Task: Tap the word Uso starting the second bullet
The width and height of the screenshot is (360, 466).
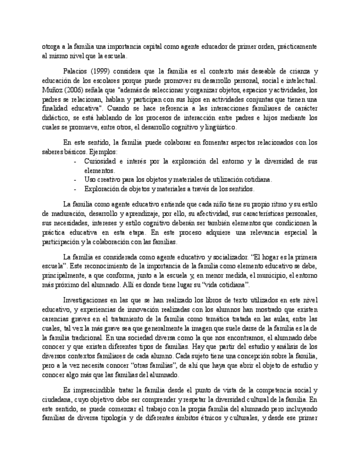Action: [x=91, y=179]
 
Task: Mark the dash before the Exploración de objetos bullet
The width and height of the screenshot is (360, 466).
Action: [x=75, y=188]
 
